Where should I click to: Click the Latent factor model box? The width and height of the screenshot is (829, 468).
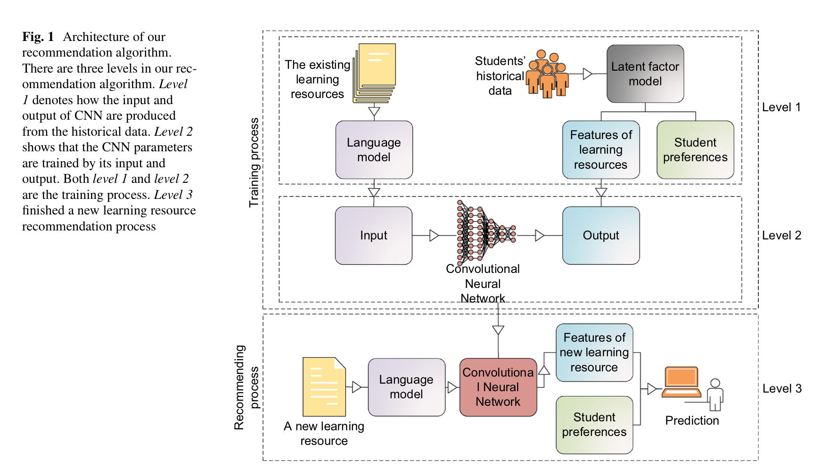click(x=645, y=74)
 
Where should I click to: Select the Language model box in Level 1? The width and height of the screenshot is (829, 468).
click(x=374, y=150)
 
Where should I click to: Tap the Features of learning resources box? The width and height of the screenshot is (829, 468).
click(x=600, y=150)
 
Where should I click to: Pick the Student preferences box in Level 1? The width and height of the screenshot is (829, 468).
click(x=695, y=150)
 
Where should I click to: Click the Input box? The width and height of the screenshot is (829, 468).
click(x=373, y=235)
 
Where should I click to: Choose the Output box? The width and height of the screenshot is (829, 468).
click(x=600, y=235)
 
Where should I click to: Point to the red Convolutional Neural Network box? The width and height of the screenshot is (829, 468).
click(x=498, y=387)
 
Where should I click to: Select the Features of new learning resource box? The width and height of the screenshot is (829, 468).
click(x=594, y=352)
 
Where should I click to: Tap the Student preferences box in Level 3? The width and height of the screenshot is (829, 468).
click(x=594, y=425)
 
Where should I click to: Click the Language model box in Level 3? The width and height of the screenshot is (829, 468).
click(x=406, y=387)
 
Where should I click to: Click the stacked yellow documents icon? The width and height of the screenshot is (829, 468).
click(x=375, y=73)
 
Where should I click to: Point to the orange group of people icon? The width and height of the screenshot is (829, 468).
click(x=547, y=74)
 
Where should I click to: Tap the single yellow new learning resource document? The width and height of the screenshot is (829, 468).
click(x=324, y=386)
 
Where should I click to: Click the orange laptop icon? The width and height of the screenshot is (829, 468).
click(x=681, y=382)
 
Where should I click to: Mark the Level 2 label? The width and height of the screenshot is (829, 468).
click(x=781, y=236)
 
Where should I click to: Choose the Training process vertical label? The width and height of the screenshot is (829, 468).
click(x=254, y=163)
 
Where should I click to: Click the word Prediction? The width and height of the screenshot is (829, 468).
click(x=692, y=420)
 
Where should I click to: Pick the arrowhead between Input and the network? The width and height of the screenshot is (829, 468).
click(x=434, y=235)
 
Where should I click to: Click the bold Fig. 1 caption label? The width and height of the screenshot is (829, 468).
click(x=38, y=37)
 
